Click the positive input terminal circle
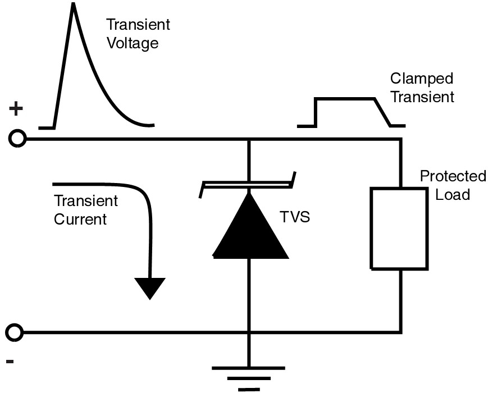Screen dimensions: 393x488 (x=18, y=139)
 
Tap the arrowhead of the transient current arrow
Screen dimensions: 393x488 (x=150, y=287)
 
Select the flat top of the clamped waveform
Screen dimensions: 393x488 (x=344, y=99)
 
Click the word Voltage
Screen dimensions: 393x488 (x=132, y=43)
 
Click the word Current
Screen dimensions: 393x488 (x=80, y=219)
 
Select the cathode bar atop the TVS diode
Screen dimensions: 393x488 (x=248, y=183)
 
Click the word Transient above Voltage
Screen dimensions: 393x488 (x=138, y=25)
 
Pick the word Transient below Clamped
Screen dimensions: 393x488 (x=422, y=97)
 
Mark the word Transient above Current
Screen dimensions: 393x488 (x=86, y=201)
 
